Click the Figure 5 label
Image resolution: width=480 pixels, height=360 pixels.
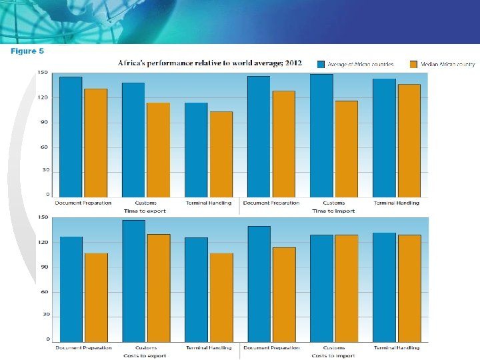[27, 50]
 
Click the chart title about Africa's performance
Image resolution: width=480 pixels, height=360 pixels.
[210, 63]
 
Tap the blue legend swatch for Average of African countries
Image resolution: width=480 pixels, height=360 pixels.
[321, 64]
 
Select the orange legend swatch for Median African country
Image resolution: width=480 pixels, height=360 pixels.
[413, 64]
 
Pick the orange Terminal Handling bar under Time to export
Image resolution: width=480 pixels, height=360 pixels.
[221, 153]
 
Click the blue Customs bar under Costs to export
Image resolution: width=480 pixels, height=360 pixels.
[133, 280]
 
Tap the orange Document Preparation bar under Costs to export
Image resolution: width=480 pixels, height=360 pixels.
[96, 297]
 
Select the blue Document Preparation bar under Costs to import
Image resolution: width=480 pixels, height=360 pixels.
[259, 283]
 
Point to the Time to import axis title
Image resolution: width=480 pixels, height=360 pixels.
[333, 211]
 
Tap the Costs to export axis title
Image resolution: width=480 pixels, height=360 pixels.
[144, 355]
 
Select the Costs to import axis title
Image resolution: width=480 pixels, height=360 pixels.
[333, 355]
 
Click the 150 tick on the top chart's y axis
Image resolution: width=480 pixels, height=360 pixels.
[43, 72]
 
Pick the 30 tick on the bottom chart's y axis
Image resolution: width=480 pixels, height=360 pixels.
[44, 314]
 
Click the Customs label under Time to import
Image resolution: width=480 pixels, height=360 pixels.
[334, 203]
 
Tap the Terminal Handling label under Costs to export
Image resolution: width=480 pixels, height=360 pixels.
[209, 347]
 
